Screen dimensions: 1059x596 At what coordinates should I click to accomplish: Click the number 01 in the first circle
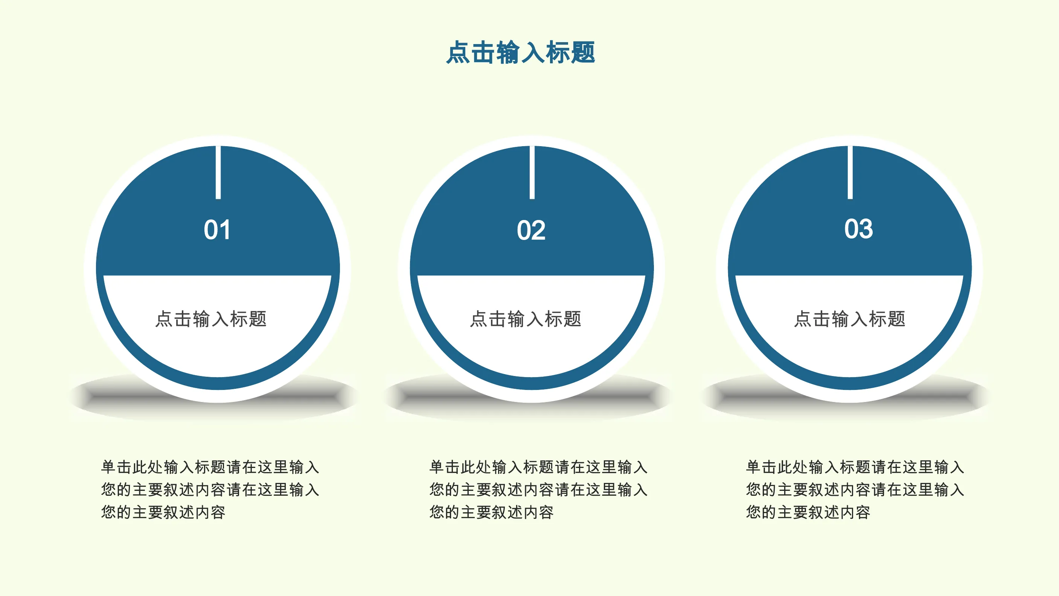click(x=217, y=229)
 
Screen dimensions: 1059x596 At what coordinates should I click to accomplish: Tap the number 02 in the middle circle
click(x=531, y=230)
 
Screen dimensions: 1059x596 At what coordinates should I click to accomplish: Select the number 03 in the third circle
click(x=859, y=229)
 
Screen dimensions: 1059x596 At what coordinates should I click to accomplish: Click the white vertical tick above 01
click(x=218, y=172)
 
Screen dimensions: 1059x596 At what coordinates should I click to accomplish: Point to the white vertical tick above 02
click(x=532, y=172)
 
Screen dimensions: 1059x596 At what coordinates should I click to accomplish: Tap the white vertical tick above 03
click(x=850, y=172)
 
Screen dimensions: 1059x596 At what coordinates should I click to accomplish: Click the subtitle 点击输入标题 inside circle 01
click(x=211, y=319)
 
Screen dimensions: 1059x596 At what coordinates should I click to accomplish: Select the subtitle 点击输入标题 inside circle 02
click(x=526, y=319)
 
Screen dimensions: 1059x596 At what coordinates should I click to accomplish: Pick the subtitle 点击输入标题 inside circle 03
click(x=850, y=319)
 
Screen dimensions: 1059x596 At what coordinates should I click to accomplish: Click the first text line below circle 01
click(x=210, y=467)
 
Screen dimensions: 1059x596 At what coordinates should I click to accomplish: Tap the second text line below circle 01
click(x=210, y=489)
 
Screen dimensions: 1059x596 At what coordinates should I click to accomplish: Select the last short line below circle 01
click(x=163, y=512)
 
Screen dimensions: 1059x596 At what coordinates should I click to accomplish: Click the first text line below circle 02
click(x=539, y=467)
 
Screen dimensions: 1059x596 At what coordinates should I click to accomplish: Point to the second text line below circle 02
click(x=539, y=489)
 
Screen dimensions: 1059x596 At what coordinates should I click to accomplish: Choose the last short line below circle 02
click(x=492, y=512)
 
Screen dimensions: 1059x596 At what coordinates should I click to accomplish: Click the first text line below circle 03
click(x=855, y=467)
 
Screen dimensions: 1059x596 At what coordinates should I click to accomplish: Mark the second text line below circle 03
click(x=855, y=489)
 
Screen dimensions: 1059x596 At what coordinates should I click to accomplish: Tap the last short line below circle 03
click(x=808, y=512)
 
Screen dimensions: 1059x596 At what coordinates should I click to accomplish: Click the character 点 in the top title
click(x=458, y=52)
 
